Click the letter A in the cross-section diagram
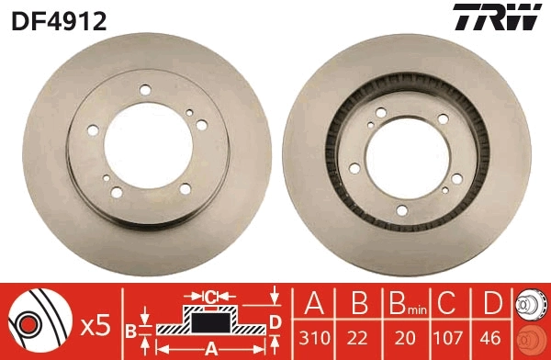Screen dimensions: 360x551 210,348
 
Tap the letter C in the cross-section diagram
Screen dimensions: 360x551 210,297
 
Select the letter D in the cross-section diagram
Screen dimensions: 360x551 274,320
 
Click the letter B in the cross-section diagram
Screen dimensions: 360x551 131,329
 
